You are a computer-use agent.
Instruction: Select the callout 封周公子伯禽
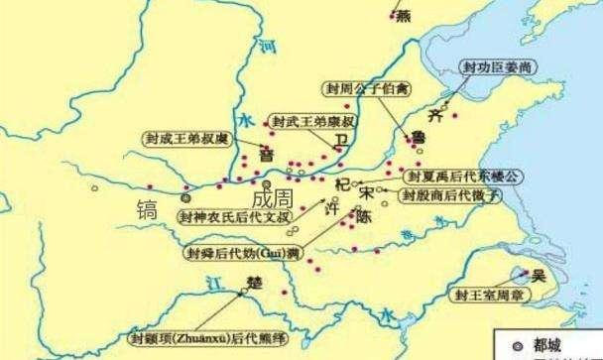[x=367, y=88]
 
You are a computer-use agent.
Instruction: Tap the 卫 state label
[x=342, y=145]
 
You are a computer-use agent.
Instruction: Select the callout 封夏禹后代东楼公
[x=461, y=176]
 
